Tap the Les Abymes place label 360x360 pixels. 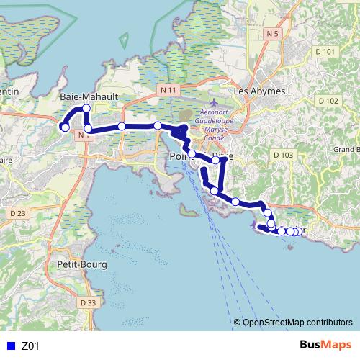pos(260,91)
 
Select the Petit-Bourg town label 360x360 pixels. pos(81,264)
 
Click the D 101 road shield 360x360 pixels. pos(325,52)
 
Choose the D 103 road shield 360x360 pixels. pos(284,155)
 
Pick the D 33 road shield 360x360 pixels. pos(88,302)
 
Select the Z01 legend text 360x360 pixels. pos(31,346)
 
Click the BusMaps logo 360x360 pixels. pos(325,345)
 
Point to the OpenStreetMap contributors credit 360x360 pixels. pos(294,323)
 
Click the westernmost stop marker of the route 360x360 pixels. pos(64,127)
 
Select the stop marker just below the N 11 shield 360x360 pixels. pos(158,126)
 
